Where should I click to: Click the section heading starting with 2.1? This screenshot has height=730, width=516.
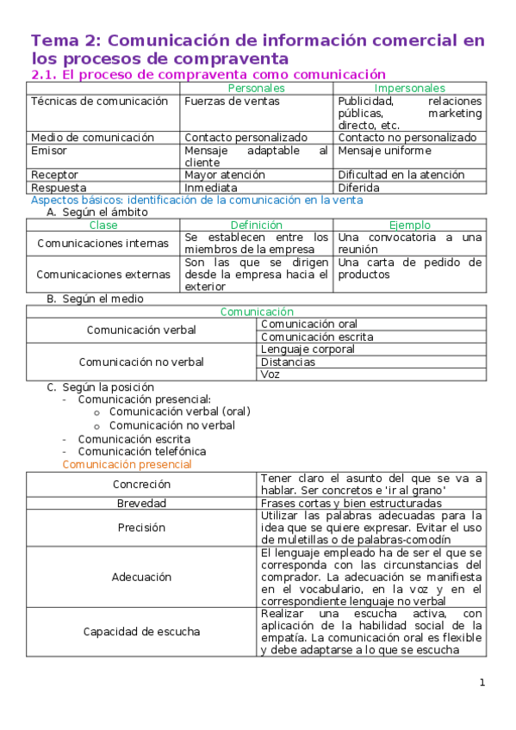[x=208, y=75]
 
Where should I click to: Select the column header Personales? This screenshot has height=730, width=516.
[x=256, y=88]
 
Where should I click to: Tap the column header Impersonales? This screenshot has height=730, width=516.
[x=409, y=88]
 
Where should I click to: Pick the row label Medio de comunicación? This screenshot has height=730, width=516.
[x=92, y=137]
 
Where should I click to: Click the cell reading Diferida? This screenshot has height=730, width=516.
[x=358, y=187]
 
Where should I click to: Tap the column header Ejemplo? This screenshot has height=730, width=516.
[x=409, y=225]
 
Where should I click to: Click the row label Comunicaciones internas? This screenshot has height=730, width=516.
[x=103, y=244]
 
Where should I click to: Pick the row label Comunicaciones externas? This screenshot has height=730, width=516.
[x=103, y=275]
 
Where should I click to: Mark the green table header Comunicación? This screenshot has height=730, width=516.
[x=257, y=312]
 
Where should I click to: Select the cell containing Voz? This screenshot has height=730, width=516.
[x=270, y=374]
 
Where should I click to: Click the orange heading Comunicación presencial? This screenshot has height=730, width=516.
[x=127, y=464]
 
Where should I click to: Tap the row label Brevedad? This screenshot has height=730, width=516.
[x=142, y=503]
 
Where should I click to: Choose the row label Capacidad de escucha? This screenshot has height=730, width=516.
[x=142, y=632]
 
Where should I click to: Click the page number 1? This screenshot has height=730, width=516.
[x=482, y=683]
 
